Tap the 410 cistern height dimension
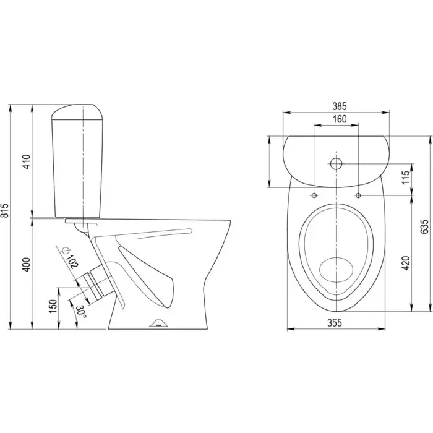(27, 162)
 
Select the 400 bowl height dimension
(27, 264)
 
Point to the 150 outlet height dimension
(53, 306)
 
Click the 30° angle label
(81, 312)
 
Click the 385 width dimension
(339, 106)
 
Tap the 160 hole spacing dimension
(340, 119)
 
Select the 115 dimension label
(406, 178)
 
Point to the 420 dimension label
(406, 263)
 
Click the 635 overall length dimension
(424, 226)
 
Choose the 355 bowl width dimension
(335, 322)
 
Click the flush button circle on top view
(336, 163)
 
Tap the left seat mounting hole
(314, 195)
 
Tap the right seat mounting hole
(358, 195)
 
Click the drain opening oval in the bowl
(337, 270)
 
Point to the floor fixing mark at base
(158, 323)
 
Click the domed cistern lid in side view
(78, 112)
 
